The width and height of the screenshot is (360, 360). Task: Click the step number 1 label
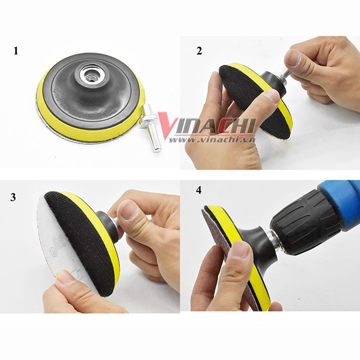(x=16, y=50)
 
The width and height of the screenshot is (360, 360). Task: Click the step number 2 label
(x=199, y=50)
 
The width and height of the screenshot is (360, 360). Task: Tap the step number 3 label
(x=13, y=197)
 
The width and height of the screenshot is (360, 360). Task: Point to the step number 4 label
(x=199, y=190)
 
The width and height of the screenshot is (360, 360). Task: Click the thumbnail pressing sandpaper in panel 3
(x=66, y=276)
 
